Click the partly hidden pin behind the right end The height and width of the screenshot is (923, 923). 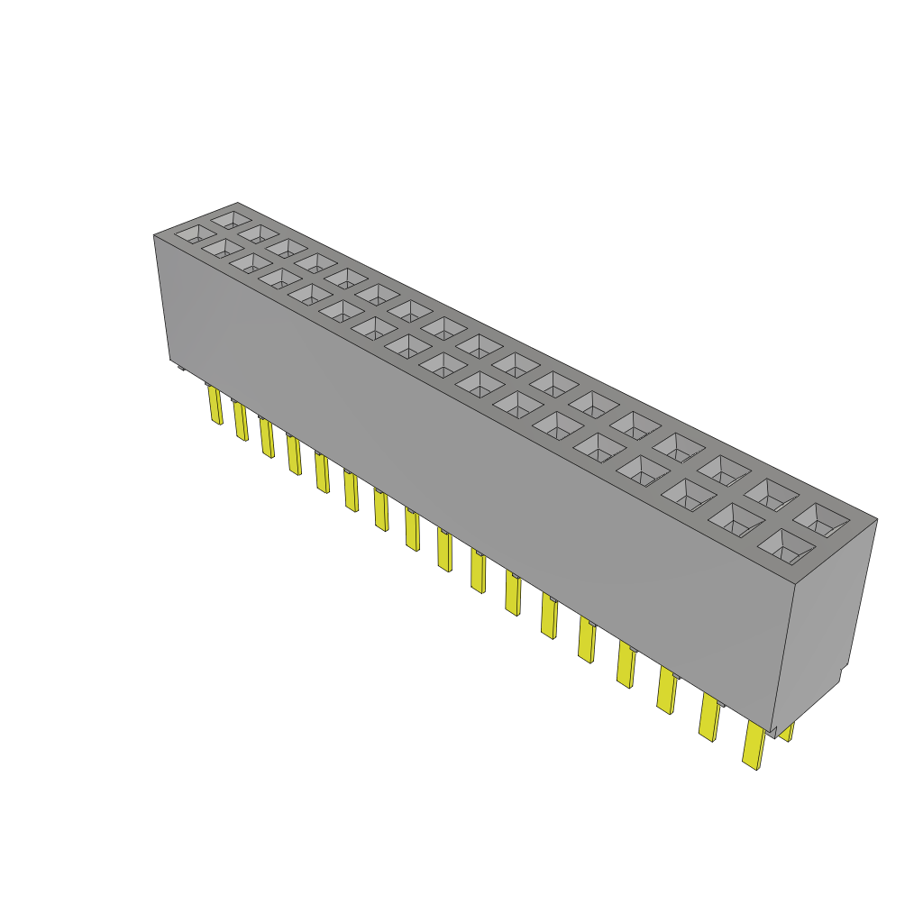point(787,732)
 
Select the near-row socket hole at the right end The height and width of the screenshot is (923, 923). point(784,545)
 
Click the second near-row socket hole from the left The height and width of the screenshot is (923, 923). point(221,247)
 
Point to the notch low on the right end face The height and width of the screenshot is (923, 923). point(842,674)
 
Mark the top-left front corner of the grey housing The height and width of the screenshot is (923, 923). point(154,235)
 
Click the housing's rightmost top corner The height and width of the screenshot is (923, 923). point(877,519)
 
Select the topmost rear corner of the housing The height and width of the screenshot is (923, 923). point(237,203)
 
